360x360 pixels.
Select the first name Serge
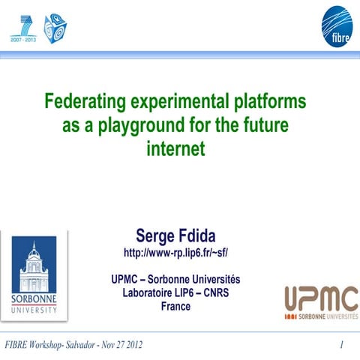pos(155,235)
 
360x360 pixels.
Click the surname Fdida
pos(196,235)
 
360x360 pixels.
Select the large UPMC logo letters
pos(320,299)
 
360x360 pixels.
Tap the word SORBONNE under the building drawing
pos(34,298)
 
